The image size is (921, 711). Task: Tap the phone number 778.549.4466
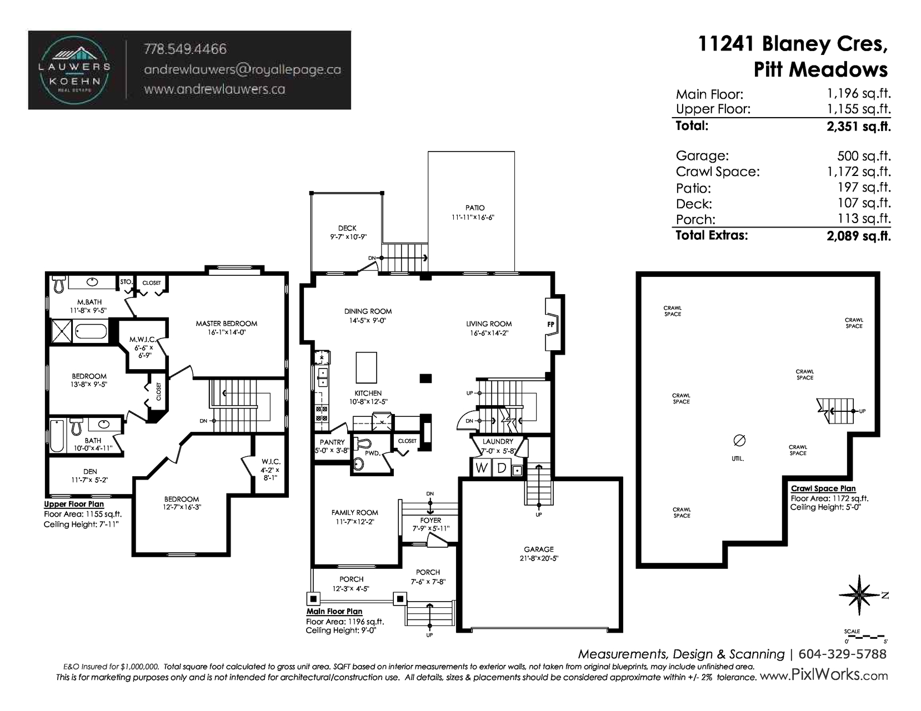click(x=185, y=49)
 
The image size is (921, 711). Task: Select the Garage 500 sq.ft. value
click(x=864, y=156)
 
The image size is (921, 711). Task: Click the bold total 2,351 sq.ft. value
click(x=859, y=126)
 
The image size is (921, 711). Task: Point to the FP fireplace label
click(x=550, y=324)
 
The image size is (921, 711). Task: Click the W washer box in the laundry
click(x=481, y=467)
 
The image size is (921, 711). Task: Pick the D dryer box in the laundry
click(x=502, y=467)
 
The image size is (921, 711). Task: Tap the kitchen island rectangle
click(x=366, y=367)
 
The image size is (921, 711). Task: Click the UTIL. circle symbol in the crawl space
click(x=739, y=441)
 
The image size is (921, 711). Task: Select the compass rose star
click(x=859, y=595)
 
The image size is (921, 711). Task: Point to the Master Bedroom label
click(x=226, y=324)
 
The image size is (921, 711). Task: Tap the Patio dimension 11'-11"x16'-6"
click(x=473, y=218)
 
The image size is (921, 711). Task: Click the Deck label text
click(x=347, y=228)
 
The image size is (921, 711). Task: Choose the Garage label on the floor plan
click(x=539, y=549)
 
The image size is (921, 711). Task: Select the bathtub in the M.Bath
click(x=91, y=331)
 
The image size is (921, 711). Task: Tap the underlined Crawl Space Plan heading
click(x=823, y=488)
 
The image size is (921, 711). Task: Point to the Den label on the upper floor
click(x=90, y=471)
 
